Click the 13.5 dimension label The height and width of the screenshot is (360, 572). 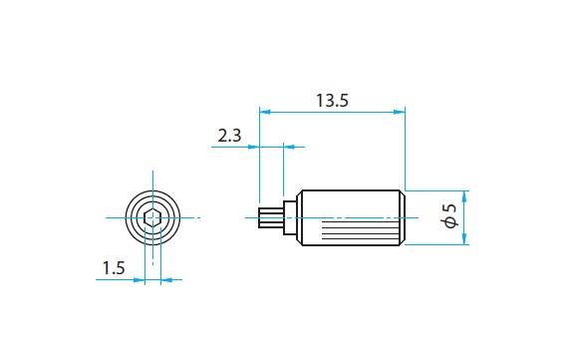332,101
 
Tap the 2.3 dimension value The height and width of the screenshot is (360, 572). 229,136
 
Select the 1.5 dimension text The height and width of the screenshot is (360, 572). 114,268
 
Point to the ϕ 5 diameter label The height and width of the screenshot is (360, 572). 450,216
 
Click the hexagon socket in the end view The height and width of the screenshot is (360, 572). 152,218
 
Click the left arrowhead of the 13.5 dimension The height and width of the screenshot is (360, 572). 265,112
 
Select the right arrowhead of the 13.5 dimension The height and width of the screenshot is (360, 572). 400,112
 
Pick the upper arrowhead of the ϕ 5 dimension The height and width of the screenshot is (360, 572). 464,196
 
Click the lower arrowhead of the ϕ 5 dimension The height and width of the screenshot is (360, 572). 464,238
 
